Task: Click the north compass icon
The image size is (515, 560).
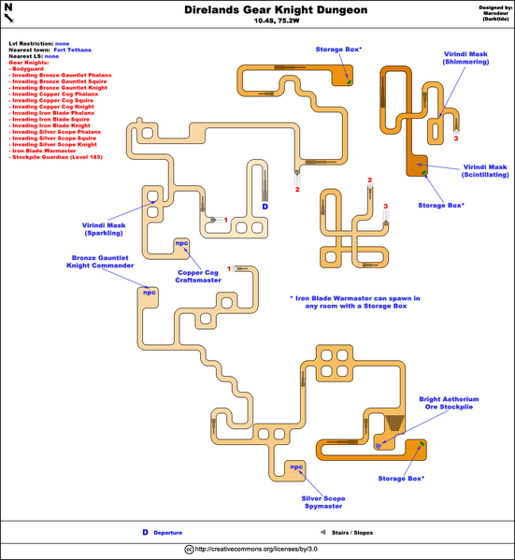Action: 9,12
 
